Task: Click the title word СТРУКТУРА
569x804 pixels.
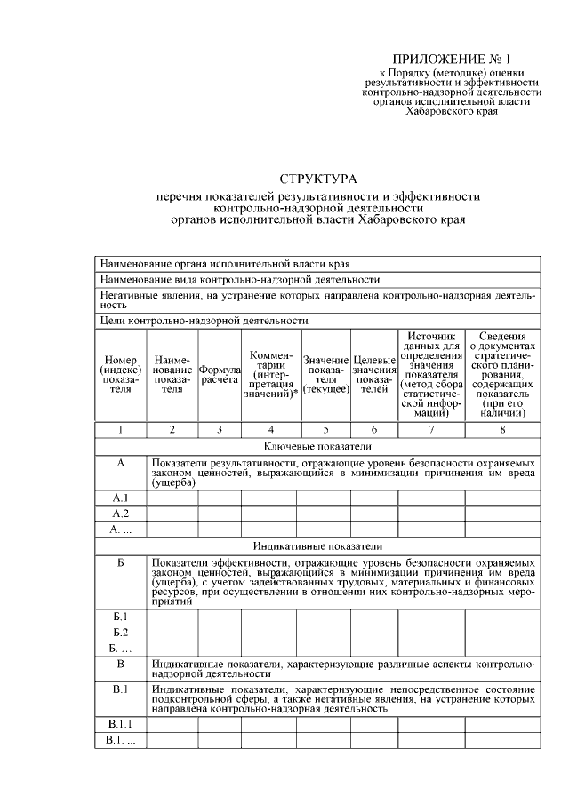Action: point(317,179)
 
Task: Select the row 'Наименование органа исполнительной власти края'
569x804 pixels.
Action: point(225,264)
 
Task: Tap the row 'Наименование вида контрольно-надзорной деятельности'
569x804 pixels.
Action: point(240,279)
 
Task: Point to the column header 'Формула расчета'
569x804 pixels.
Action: point(220,374)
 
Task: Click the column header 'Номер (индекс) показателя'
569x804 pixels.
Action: point(121,374)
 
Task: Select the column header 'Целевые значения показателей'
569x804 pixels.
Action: point(374,374)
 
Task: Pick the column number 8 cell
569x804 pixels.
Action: point(502,429)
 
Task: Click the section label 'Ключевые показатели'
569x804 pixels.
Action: point(317,445)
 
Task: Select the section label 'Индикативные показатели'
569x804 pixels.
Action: point(317,545)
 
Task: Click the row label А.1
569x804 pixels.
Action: point(121,498)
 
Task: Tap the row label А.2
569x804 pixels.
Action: point(121,513)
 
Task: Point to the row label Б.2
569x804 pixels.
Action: point(121,632)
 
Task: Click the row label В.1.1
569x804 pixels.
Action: point(121,725)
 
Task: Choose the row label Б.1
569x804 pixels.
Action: point(121,616)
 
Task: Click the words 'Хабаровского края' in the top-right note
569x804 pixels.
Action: point(451,112)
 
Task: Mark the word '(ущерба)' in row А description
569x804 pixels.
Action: point(172,482)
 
